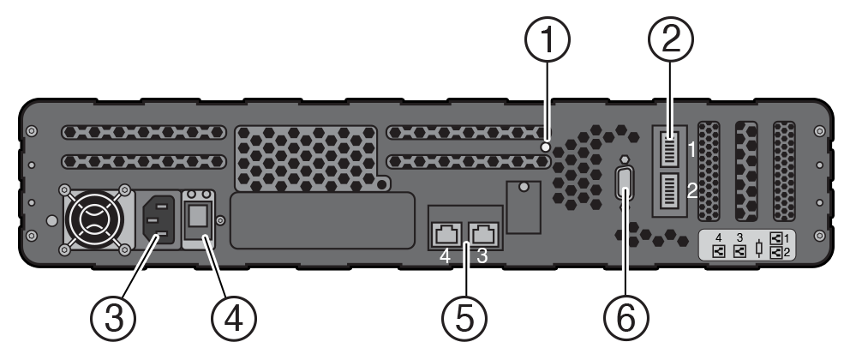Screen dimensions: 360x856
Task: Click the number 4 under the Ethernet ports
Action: tap(445, 256)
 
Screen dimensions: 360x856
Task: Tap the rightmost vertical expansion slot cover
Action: tap(785, 171)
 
